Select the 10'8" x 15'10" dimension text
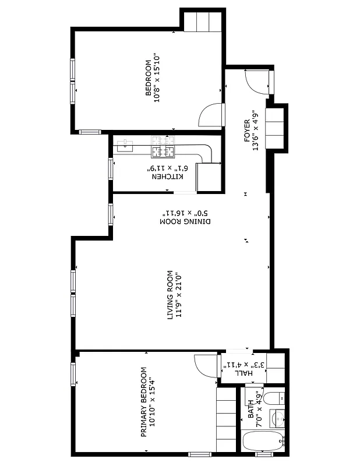click(x=157, y=79)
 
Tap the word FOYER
click(x=247, y=131)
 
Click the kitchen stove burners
click(x=163, y=148)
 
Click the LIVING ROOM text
click(x=171, y=294)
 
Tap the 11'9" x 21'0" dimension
click(x=179, y=294)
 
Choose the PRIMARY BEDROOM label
click(x=143, y=402)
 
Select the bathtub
click(x=263, y=441)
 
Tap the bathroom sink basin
click(x=278, y=418)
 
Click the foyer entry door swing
click(x=256, y=83)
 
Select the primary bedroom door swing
click(x=205, y=364)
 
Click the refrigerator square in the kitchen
click(x=208, y=176)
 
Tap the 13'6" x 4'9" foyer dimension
click(x=255, y=131)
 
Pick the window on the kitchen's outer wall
click(x=111, y=169)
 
